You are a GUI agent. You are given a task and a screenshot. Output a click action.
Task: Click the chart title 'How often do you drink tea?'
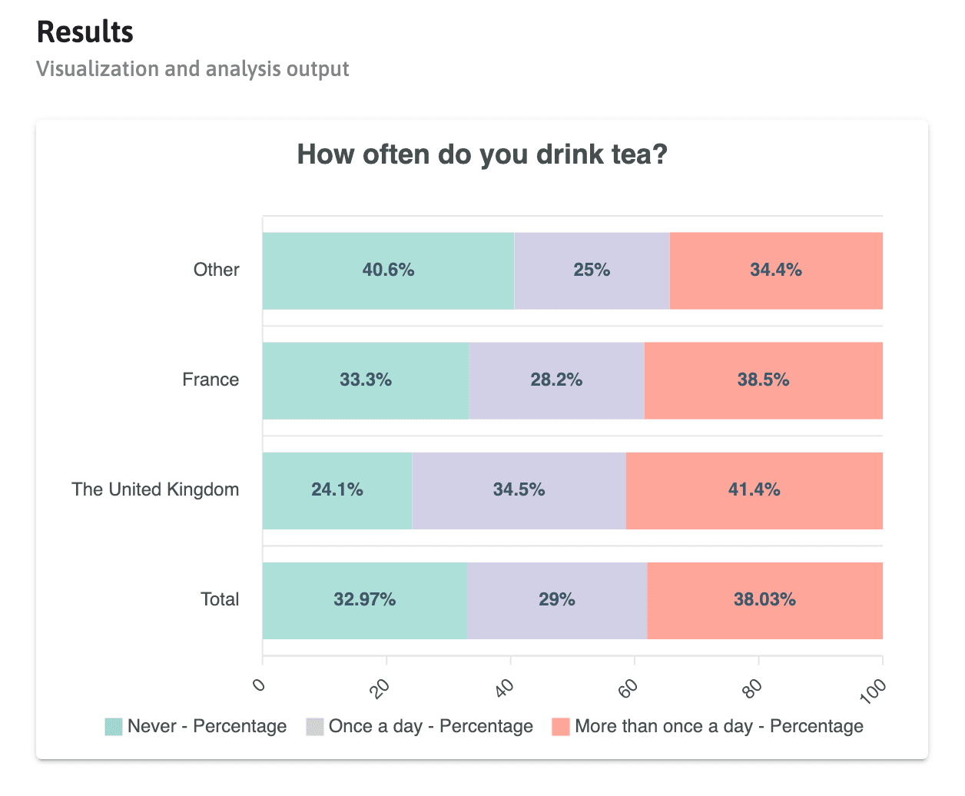point(482,154)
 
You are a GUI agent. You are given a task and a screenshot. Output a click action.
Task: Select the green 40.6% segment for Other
point(388,270)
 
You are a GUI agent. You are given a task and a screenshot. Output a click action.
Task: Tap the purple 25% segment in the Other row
point(592,270)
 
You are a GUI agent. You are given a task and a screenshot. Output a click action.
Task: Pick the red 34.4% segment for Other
point(776,270)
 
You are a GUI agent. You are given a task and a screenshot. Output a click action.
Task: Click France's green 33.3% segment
point(366,380)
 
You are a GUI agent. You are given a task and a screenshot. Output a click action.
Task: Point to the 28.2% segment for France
point(556,380)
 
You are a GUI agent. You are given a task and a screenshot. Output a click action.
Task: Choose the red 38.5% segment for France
point(763,380)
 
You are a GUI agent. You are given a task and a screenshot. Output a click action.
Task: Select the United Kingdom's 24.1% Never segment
point(337,490)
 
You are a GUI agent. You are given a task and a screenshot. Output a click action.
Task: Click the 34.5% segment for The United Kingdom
point(519,490)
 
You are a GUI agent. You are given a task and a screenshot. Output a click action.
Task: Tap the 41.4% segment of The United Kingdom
point(754,490)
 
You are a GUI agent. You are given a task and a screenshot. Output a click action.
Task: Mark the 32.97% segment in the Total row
point(364,600)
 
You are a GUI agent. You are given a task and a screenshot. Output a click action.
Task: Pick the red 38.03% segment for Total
point(764,600)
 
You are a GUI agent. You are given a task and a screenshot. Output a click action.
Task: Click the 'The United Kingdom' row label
point(155,489)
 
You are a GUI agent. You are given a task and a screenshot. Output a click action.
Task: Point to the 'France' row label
point(211,380)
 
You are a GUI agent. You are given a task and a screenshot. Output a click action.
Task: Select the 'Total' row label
point(220,599)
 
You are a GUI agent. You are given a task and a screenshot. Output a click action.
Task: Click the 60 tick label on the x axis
point(629,687)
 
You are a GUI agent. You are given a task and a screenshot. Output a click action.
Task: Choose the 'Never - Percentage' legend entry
point(196,726)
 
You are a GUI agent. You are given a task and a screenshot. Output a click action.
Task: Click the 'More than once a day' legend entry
point(708,726)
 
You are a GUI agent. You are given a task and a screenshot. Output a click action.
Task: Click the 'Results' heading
point(85,32)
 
